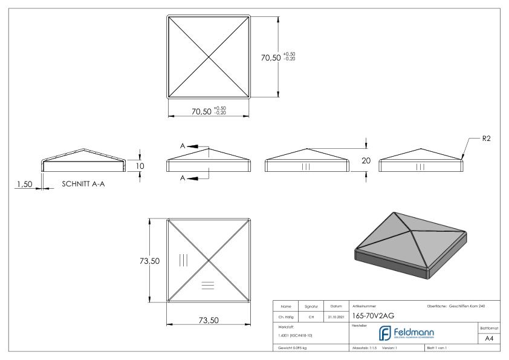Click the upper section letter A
182,146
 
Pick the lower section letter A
182,178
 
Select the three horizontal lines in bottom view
207,284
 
